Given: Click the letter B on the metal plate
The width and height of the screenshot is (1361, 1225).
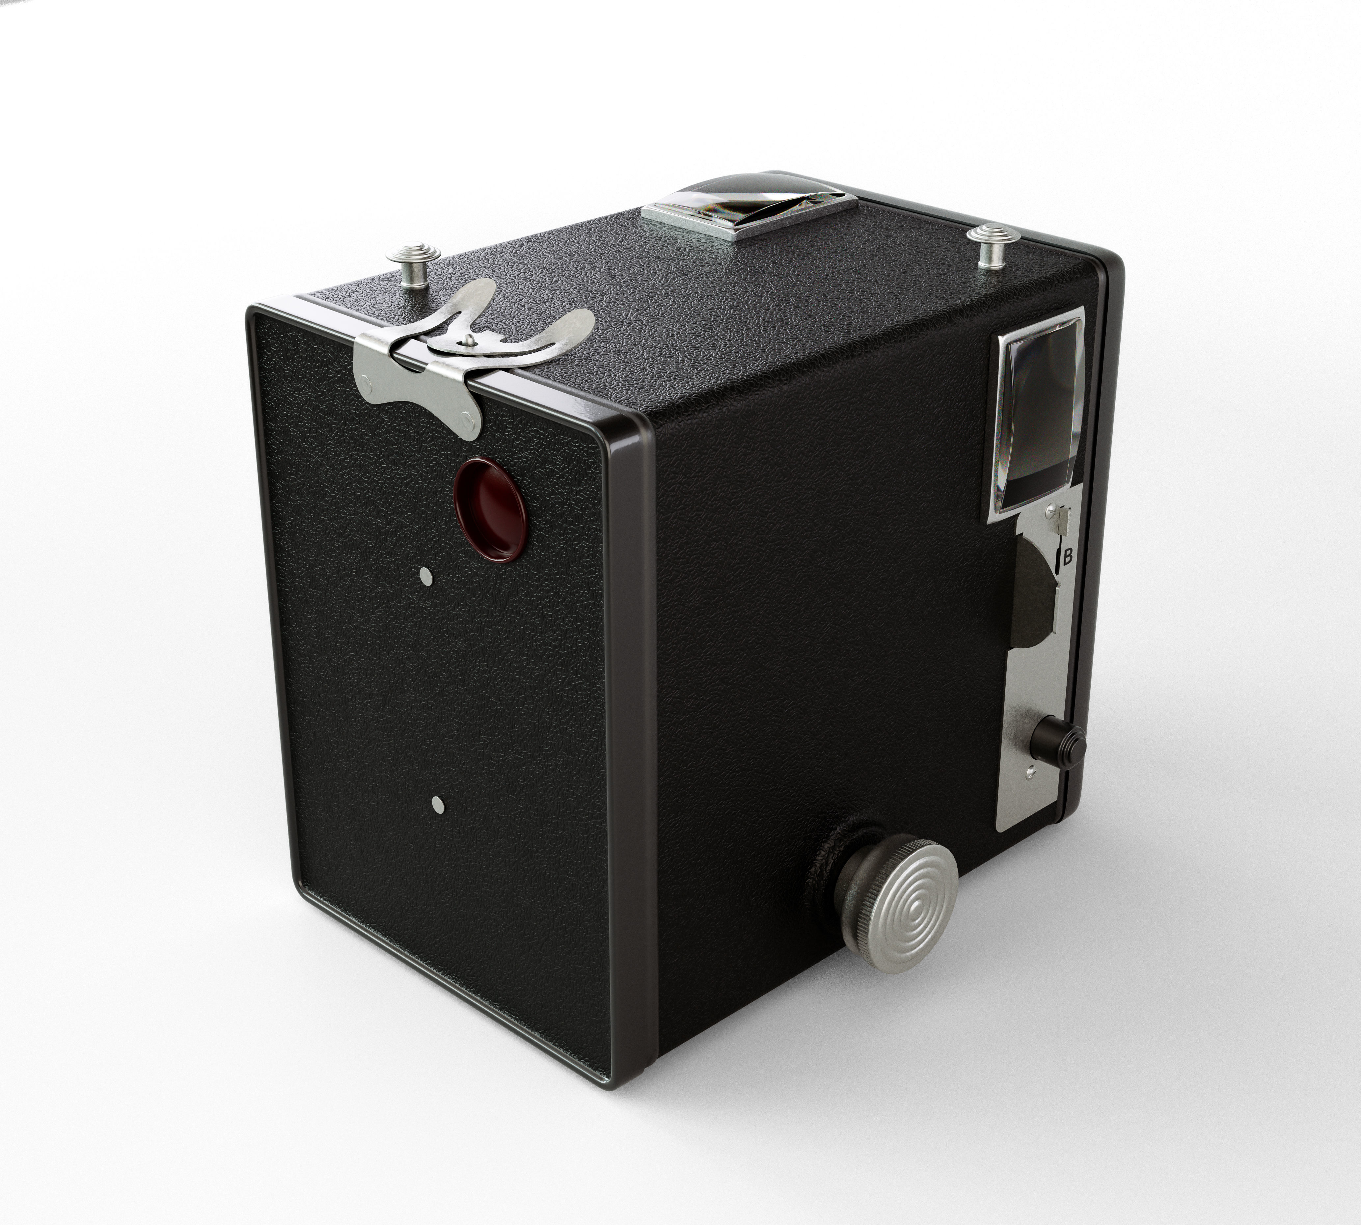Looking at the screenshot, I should pos(1067,557).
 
